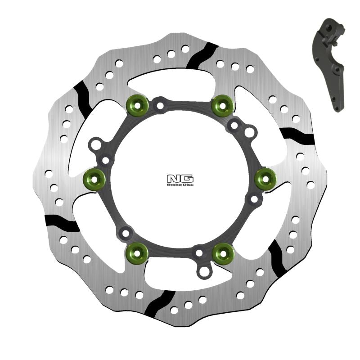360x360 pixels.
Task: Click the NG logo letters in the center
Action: [180, 178]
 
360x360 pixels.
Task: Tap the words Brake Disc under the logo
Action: [180, 185]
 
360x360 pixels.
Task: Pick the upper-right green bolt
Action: [222, 105]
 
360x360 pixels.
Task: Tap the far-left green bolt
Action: [94, 180]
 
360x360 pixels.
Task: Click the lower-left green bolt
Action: [137, 253]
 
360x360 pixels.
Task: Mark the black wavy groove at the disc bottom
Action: [161, 302]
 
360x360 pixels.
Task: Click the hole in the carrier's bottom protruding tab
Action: [205, 271]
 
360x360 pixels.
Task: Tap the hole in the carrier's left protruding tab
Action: [95, 145]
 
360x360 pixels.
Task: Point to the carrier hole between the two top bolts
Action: [159, 106]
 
